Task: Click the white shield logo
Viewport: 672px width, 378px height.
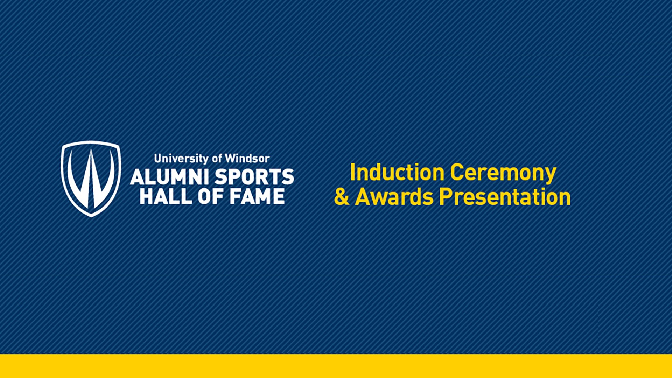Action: click(x=91, y=178)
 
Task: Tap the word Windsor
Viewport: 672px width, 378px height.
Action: click(x=247, y=159)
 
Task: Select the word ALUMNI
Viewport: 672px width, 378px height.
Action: click(x=169, y=177)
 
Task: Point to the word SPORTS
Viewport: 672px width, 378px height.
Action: click(x=254, y=177)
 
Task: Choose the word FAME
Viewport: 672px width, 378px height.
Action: click(x=257, y=196)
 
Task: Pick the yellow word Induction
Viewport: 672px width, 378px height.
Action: click(x=397, y=172)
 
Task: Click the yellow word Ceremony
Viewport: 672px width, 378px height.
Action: click(x=503, y=173)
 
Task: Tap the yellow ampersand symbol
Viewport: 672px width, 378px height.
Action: click(x=342, y=197)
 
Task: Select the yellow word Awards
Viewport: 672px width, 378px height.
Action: click(x=394, y=197)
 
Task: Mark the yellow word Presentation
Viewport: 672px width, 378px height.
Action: click(x=505, y=197)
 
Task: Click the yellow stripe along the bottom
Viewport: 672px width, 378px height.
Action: click(x=336, y=366)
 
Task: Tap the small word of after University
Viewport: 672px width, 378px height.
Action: click(x=217, y=159)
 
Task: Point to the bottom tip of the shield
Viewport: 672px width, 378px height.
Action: click(x=91, y=216)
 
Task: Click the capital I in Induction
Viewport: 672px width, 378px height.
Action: click(x=352, y=172)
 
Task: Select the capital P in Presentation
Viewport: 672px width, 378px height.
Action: click(x=446, y=197)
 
